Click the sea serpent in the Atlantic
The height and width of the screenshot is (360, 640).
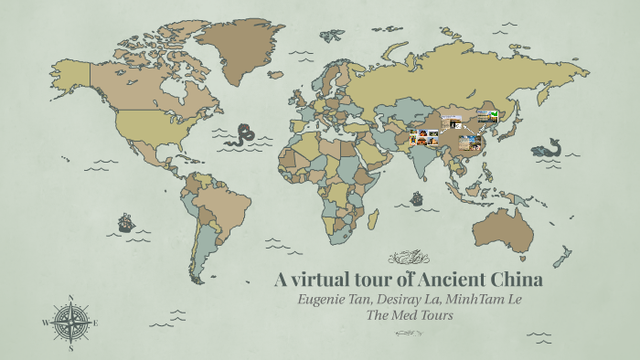pos(244,136)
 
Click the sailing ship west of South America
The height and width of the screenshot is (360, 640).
pos(126,222)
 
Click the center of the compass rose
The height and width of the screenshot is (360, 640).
pos(69,322)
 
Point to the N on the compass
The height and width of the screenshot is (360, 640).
pos(69,297)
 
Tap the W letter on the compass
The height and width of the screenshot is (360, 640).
pos(45,323)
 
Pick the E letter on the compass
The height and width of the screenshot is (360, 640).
pos(95,323)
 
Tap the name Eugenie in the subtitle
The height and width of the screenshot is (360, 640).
pos(327,300)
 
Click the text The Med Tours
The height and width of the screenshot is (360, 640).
pos(409,316)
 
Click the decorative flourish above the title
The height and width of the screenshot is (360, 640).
pos(409,257)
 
